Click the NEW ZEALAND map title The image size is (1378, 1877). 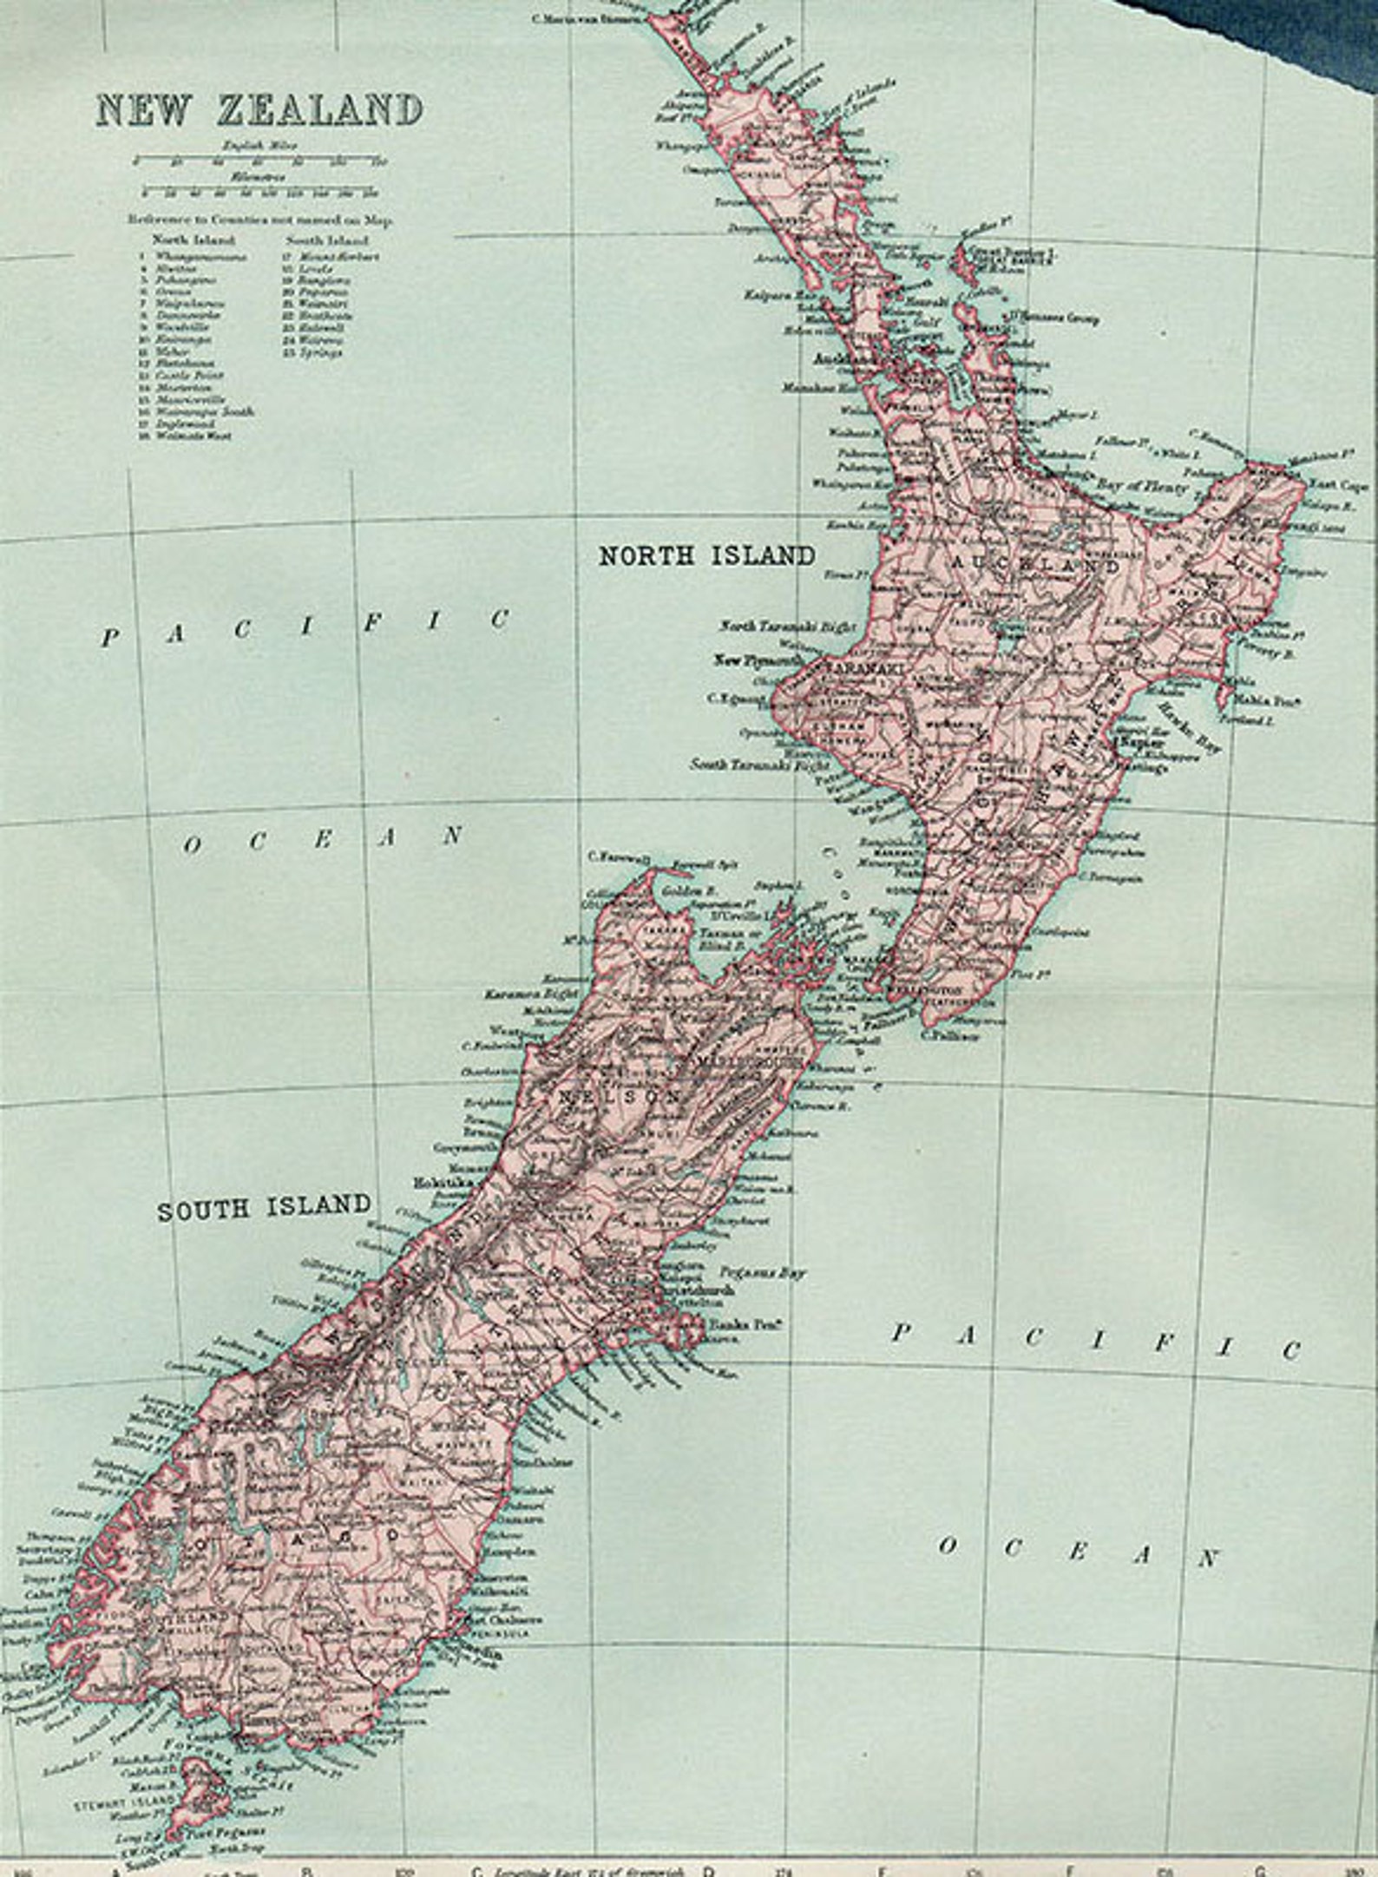pyautogui.click(x=259, y=110)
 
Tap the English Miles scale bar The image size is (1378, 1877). pyautogui.click(x=259, y=161)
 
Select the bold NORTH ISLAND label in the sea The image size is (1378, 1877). pyautogui.click(x=706, y=555)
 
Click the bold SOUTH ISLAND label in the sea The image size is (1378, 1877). pyautogui.click(x=264, y=1207)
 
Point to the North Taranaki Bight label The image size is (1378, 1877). pyautogui.click(x=787, y=627)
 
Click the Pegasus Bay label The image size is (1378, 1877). pyautogui.click(x=766, y=1273)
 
